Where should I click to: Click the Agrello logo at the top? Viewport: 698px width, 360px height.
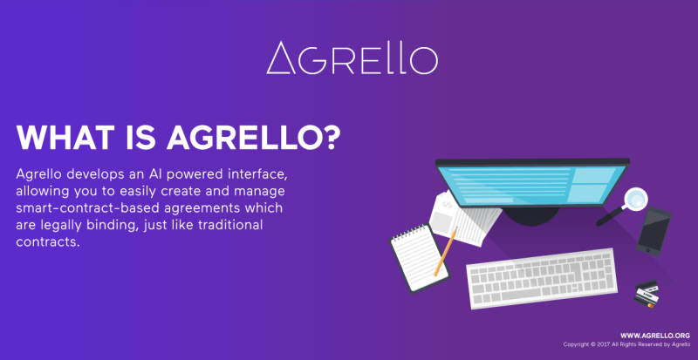(352, 58)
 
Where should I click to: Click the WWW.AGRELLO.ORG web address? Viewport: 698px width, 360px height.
(655, 336)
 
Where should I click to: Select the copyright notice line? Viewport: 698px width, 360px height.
(626, 344)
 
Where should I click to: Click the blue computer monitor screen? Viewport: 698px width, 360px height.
(532, 185)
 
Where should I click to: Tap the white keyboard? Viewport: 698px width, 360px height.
(542, 279)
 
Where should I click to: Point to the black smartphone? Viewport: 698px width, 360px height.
(654, 231)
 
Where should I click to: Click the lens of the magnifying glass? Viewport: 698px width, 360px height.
(635, 199)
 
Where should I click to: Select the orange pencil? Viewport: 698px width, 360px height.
(446, 251)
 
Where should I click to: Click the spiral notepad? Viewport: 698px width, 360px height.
(420, 259)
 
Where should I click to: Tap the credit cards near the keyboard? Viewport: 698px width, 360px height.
(647, 294)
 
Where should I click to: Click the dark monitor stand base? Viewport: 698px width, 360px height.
(531, 215)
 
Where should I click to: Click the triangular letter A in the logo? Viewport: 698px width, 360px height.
(281, 58)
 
